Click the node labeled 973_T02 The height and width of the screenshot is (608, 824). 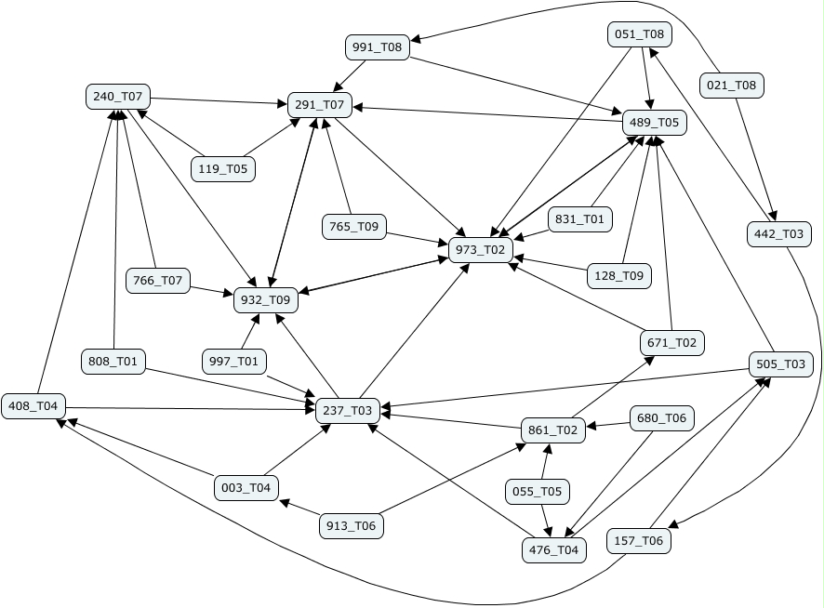[x=481, y=249]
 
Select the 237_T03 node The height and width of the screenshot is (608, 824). [x=347, y=410]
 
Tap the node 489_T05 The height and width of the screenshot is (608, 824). [x=655, y=122]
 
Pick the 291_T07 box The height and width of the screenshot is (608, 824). [x=320, y=106]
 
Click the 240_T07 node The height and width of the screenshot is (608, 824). [x=118, y=96]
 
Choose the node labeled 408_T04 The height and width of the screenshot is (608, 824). [x=33, y=406]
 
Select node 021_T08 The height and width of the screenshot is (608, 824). [x=731, y=86]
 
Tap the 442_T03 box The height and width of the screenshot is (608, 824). [x=779, y=233]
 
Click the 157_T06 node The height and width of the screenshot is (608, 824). [x=639, y=541]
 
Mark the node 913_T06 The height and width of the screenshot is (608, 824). [x=352, y=526]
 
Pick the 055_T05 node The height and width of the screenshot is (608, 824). [x=537, y=491]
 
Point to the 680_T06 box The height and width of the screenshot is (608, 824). [x=662, y=418]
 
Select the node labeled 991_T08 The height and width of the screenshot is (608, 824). [x=378, y=47]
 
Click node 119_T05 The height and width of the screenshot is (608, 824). [x=223, y=168]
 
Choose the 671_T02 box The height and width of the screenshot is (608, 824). [x=672, y=343]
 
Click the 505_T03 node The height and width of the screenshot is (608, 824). [x=781, y=363]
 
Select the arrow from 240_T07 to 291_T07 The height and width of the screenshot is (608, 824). [x=219, y=100]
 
